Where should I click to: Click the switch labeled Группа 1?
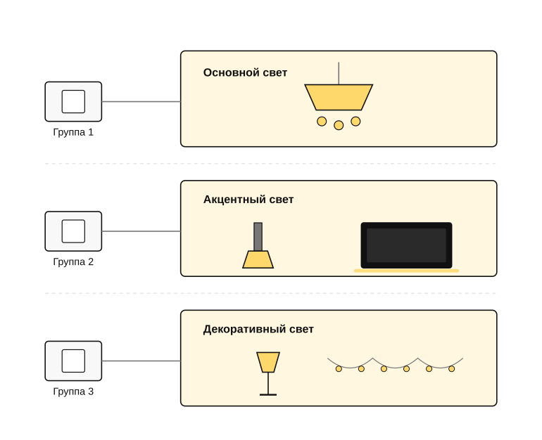click(x=73, y=101)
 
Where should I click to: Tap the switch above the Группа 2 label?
click(x=73, y=231)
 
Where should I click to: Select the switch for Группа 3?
click(x=73, y=361)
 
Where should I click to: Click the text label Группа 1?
click(x=73, y=132)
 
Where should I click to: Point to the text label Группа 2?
click(x=73, y=262)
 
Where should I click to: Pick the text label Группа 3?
click(x=73, y=392)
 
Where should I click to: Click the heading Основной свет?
click(x=245, y=73)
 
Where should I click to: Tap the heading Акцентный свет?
click(x=248, y=200)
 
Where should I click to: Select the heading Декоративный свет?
click(x=258, y=329)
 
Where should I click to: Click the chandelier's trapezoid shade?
click(x=339, y=97)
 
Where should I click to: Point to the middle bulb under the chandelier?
click(x=339, y=125)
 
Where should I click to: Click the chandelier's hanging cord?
click(x=339, y=73)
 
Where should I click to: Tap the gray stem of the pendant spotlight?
click(x=258, y=237)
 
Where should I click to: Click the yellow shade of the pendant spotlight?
click(x=258, y=259)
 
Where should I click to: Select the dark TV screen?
click(x=407, y=245)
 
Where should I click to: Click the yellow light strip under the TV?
click(x=407, y=271)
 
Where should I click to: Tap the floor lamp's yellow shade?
click(x=268, y=363)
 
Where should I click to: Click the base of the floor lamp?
click(x=268, y=394)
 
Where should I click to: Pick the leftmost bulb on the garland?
click(x=339, y=369)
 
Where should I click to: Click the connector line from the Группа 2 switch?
click(x=141, y=231)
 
